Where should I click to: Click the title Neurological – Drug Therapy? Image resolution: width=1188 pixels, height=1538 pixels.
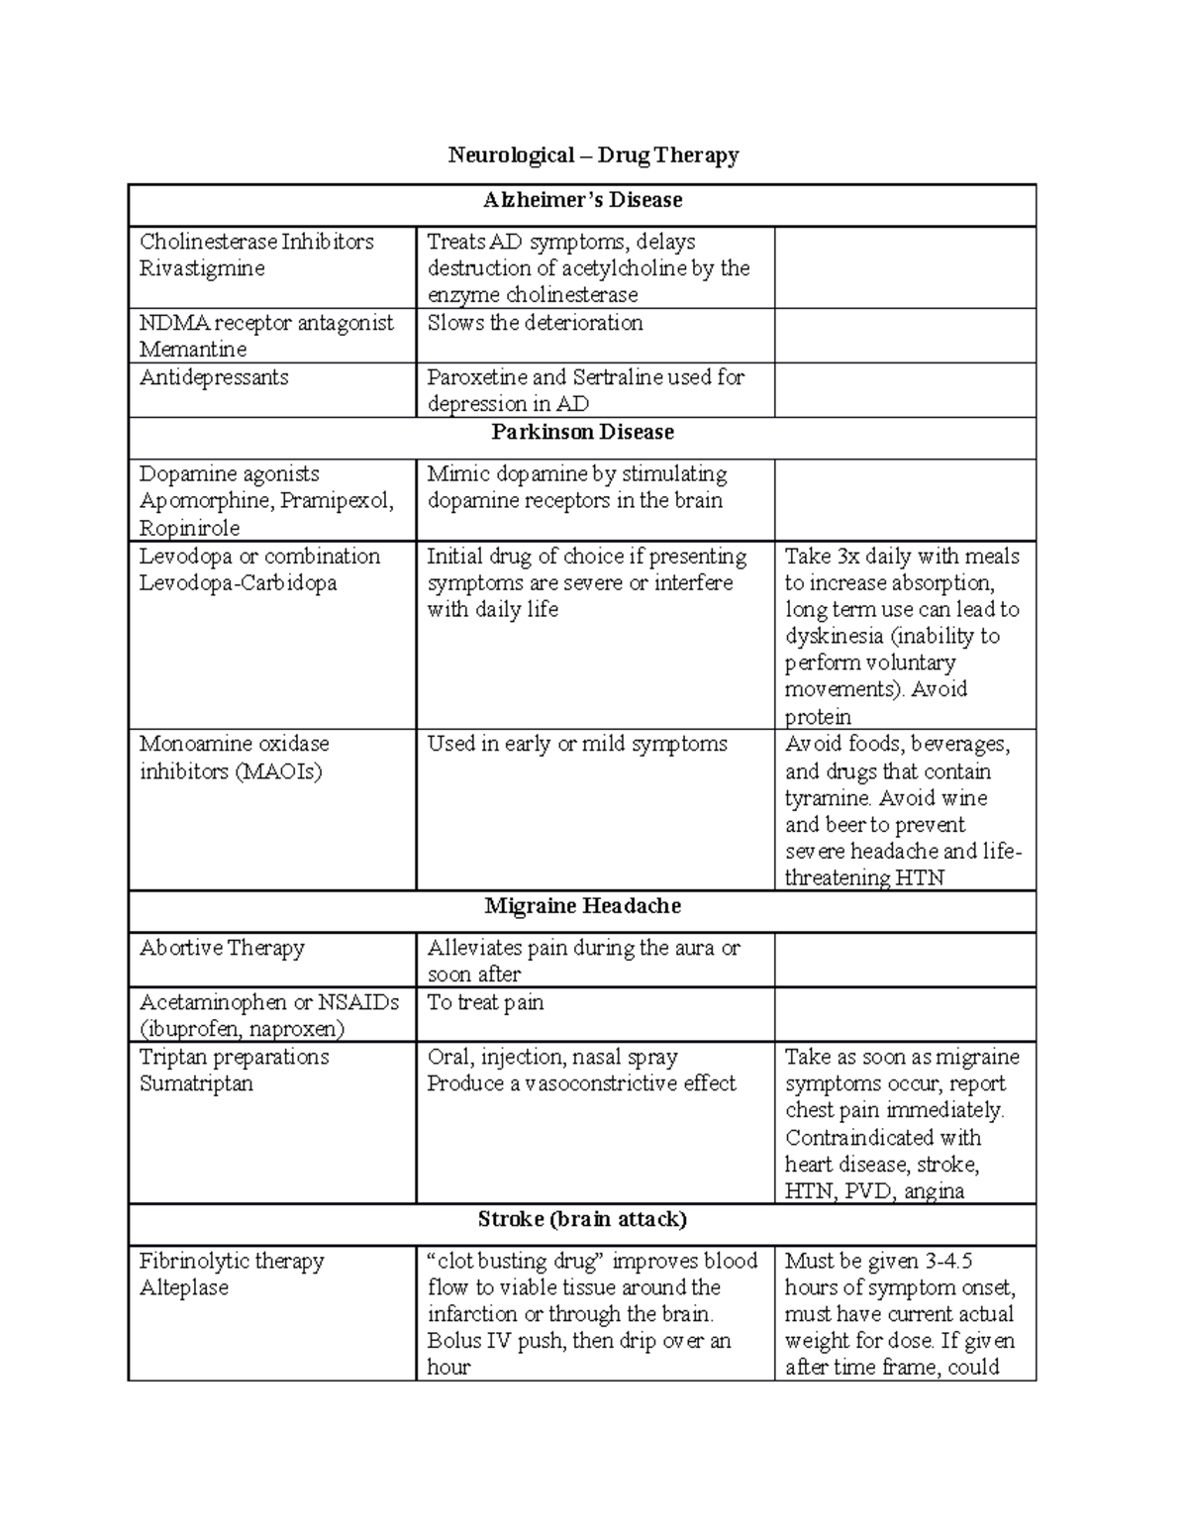coord(593,155)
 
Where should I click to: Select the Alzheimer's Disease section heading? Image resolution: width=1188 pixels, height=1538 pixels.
coord(582,200)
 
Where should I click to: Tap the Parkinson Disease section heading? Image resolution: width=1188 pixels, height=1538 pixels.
coord(582,432)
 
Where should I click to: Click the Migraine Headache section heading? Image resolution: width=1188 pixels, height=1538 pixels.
coord(582,906)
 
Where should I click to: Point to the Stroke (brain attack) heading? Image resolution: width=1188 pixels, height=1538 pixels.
coord(582,1219)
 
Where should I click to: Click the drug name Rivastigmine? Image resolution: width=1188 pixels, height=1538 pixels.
coord(202,268)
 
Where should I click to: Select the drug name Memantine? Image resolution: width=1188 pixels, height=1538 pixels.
coord(193,350)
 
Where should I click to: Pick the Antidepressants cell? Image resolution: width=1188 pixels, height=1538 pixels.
coord(214,377)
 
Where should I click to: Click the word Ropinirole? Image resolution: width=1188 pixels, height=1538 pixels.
coord(190,528)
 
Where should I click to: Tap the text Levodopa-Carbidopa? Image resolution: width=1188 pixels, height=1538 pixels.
coord(239,583)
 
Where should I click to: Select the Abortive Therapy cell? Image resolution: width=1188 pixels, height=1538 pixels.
coord(222,948)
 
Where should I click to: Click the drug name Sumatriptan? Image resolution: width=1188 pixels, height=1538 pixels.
coord(196,1083)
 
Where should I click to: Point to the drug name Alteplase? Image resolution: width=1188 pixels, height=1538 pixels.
coord(184,1287)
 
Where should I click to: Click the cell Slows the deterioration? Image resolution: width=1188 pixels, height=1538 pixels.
coord(535,323)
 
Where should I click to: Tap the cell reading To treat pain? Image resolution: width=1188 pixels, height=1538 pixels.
coord(485,1002)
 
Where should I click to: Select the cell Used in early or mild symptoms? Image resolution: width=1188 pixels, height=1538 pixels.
coord(577,744)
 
